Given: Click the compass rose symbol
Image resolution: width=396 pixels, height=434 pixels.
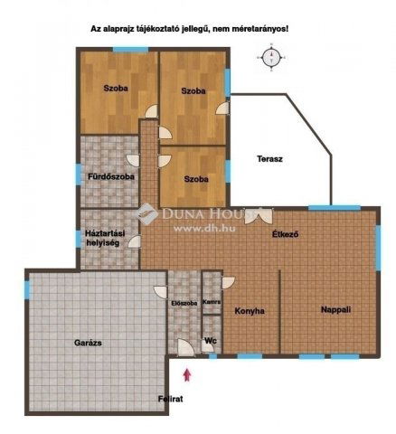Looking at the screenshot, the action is tap(271, 57).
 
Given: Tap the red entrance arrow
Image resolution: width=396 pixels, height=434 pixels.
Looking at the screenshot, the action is tap(187, 374).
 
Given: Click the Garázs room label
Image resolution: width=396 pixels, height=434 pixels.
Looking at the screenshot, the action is tap(88, 343).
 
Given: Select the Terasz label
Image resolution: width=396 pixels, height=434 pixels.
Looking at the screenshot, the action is tap(269, 159).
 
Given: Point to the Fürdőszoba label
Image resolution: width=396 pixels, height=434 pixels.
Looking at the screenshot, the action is tap(111, 176).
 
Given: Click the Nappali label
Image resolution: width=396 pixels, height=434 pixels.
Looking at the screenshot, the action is tap(335, 310).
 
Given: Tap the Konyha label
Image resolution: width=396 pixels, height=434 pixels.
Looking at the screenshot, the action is tap(250, 311).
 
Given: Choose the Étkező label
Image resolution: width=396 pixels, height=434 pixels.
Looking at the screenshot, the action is tap(286, 234).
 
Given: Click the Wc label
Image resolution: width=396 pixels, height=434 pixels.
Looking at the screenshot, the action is tap(211, 341).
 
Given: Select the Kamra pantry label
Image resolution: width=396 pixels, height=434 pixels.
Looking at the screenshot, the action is tap(212, 302).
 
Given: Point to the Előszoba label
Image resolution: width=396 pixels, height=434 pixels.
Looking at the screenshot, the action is tap(184, 303).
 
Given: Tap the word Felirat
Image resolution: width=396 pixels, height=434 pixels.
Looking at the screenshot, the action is tap(171, 399).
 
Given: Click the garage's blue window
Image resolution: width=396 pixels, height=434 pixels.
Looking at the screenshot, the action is tap(27, 289).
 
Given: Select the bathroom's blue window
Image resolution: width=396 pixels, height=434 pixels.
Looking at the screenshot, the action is tap(79, 175).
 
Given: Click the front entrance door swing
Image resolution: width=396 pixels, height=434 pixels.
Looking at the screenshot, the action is tap(186, 347).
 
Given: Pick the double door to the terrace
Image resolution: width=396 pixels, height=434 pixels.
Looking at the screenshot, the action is tap(259, 216).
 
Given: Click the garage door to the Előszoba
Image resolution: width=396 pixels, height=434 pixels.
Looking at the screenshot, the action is tap(160, 292).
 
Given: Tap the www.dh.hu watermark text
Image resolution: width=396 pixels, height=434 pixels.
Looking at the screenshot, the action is tap(204, 228).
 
